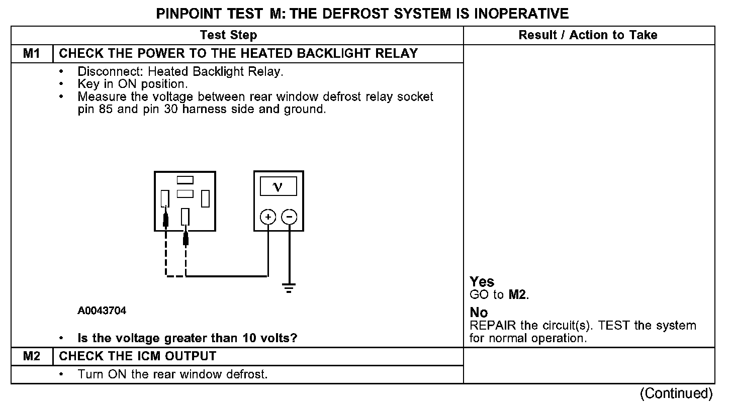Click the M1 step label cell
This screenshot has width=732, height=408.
click(31, 53)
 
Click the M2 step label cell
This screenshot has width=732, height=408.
click(31, 356)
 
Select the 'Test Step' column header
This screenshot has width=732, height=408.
click(228, 35)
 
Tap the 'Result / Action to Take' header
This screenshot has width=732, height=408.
click(588, 35)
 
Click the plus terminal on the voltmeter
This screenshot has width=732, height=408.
click(268, 217)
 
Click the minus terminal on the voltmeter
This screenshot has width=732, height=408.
click(289, 217)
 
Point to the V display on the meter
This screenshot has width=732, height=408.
click(278, 187)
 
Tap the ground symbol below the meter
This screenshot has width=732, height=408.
click(289, 288)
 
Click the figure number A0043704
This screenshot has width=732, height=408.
click(102, 311)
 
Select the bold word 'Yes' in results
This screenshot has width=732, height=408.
click(482, 282)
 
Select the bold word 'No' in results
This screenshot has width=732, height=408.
click(479, 313)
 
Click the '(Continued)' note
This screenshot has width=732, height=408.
click(676, 393)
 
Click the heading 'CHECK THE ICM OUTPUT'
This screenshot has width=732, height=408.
click(138, 356)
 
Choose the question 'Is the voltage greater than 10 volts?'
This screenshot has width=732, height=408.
click(188, 338)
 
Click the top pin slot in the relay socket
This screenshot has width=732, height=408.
click(185, 180)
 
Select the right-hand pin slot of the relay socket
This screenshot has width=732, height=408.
click(205, 199)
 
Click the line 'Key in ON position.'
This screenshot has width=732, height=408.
click(133, 84)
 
